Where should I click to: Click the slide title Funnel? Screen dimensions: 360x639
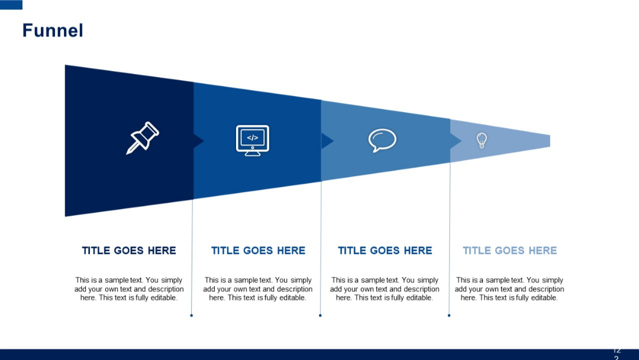click(x=53, y=30)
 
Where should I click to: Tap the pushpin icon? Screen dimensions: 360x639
click(x=143, y=138)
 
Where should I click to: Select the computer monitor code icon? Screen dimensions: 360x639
click(x=253, y=140)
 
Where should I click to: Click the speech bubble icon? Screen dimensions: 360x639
click(x=382, y=140)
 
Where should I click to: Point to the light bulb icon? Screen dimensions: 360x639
click(x=482, y=140)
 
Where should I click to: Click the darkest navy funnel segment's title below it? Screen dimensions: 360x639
click(x=129, y=250)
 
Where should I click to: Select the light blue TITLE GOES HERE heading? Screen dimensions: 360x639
click(x=509, y=250)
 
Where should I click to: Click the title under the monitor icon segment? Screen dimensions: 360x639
click(x=258, y=250)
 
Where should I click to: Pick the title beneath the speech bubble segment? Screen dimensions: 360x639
click(x=385, y=250)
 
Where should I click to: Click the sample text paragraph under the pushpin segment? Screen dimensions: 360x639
click(x=129, y=289)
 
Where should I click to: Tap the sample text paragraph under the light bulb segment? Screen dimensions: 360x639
click(x=509, y=289)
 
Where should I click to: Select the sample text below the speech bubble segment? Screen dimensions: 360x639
click(x=385, y=289)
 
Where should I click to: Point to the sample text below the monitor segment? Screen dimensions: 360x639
click(x=258, y=289)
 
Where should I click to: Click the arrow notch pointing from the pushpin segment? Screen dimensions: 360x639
click(x=199, y=141)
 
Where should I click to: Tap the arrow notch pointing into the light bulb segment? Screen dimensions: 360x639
click(x=456, y=141)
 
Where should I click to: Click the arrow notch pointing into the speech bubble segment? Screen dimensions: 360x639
click(x=327, y=141)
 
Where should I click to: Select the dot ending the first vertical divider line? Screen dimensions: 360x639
click(x=192, y=316)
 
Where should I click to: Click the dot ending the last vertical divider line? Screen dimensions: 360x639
click(x=449, y=316)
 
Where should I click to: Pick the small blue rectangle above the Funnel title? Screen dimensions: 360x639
click(x=11, y=5)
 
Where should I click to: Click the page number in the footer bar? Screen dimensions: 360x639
click(x=617, y=353)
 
